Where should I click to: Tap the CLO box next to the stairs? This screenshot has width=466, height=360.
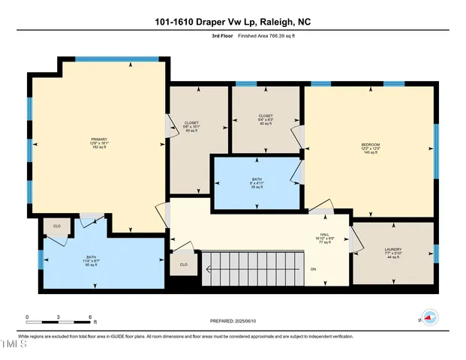[x=183, y=265]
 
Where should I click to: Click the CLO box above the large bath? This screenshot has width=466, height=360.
[x=56, y=224]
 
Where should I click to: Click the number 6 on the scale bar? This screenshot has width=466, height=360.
[x=90, y=316]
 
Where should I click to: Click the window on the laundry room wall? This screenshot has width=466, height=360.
[x=437, y=254]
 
